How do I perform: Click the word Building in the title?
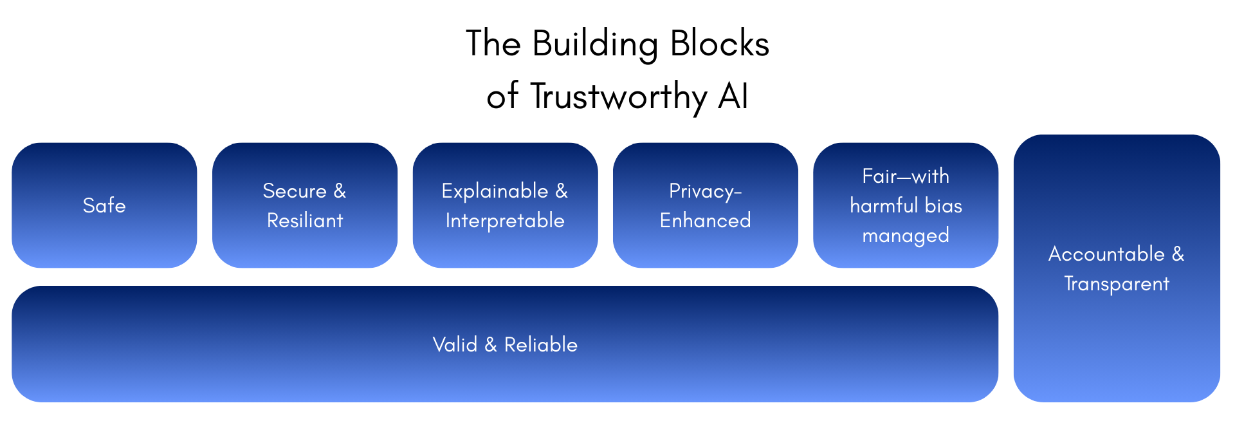tap(595, 45)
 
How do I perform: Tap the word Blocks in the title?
tap(720, 44)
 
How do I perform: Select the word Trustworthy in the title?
tap(618, 97)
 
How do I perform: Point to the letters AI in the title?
tap(733, 97)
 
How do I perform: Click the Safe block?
tap(104, 205)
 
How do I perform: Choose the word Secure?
tap(295, 191)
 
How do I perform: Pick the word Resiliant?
tap(305, 220)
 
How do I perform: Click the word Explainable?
tap(495, 191)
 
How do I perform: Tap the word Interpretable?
tap(505, 220)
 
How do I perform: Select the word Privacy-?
tap(706, 191)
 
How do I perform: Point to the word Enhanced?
tap(706, 220)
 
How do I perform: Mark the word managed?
tap(906, 236)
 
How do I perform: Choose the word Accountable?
tap(1106, 254)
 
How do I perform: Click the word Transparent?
tap(1117, 283)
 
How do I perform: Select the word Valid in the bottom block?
tap(455, 344)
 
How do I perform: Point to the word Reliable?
tap(540, 344)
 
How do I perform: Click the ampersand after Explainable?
tap(562, 191)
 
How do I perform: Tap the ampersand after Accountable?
tap(1178, 254)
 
